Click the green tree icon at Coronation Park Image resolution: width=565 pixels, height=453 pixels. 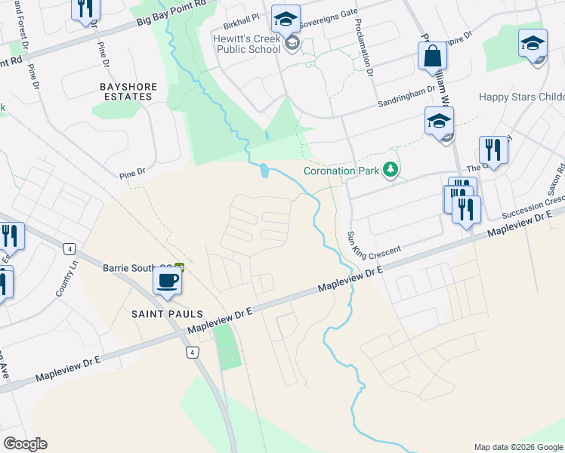(391, 170)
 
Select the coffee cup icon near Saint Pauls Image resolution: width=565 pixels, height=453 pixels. (168, 280)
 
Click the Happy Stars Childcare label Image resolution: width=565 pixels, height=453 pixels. (521, 97)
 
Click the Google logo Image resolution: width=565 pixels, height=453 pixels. (25, 444)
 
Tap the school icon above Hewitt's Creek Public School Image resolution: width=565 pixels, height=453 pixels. (286, 19)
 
